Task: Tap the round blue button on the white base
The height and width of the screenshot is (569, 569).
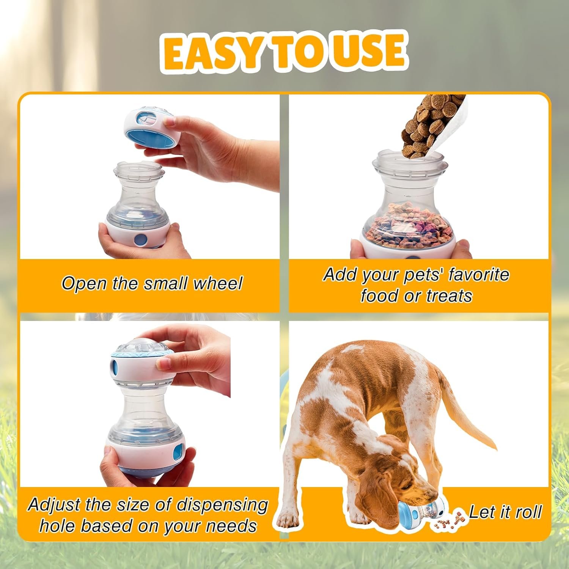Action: [x=141, y=240]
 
